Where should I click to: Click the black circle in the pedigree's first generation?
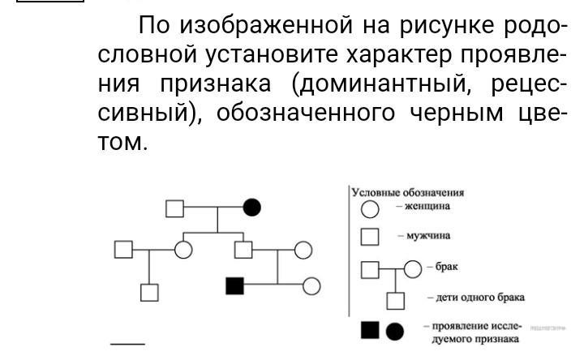coord(252,208)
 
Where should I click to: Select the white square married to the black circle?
coord(175,208)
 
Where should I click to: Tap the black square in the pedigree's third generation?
coord(234,285)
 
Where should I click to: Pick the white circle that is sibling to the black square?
coord(311,285)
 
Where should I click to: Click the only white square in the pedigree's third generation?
coord(148,292)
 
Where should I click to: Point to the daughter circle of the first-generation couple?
coord(183,250)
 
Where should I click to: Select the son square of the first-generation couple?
coord(243,250)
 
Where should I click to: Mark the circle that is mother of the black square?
coord(303,250)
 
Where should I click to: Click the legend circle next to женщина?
coord(369,209)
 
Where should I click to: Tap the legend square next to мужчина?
coord(370,237)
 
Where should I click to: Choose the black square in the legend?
coord(370,330)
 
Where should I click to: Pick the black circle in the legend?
coord(395,330)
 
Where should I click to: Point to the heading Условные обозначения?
coord(406,192)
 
